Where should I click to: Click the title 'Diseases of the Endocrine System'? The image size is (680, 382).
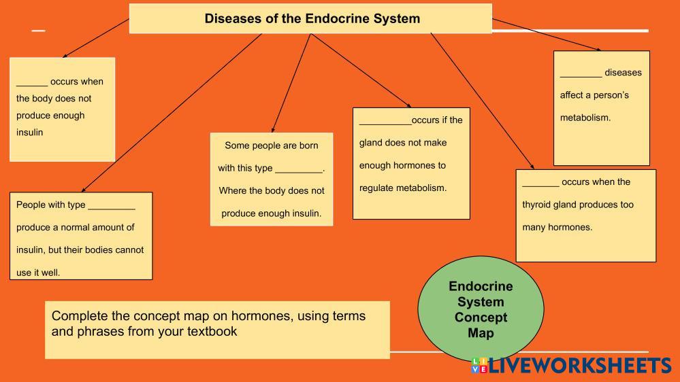(312, 18)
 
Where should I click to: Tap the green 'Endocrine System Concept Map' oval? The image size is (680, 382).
(481, 309)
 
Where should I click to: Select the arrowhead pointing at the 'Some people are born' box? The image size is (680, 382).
(273, 129)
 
